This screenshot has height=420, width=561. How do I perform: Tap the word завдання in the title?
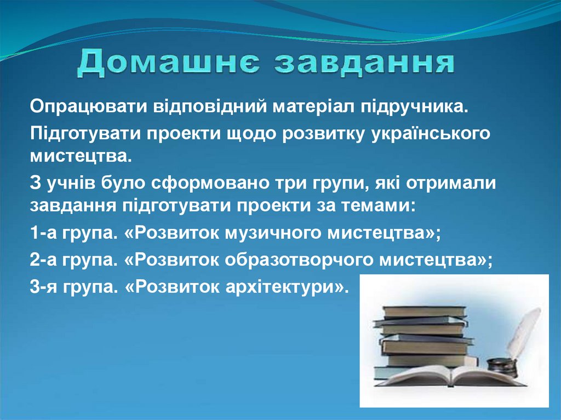pyautogui.click(x=364, y=64)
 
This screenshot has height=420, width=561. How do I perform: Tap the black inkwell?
pyautogui.click(x=501, y=366)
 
